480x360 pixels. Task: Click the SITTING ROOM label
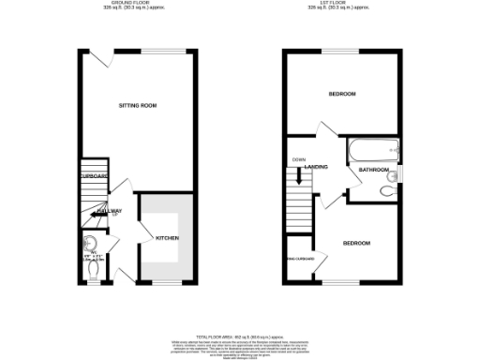tap(137, 106)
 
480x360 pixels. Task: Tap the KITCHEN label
tap(168, 238)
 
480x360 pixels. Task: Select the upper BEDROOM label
tap(341, 95)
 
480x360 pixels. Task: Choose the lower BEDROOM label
tap(355, 244)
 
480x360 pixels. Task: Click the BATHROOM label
tap(375, 170)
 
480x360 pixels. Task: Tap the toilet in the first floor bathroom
tap(387, 190)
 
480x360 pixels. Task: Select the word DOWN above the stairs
tap(298, 158)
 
